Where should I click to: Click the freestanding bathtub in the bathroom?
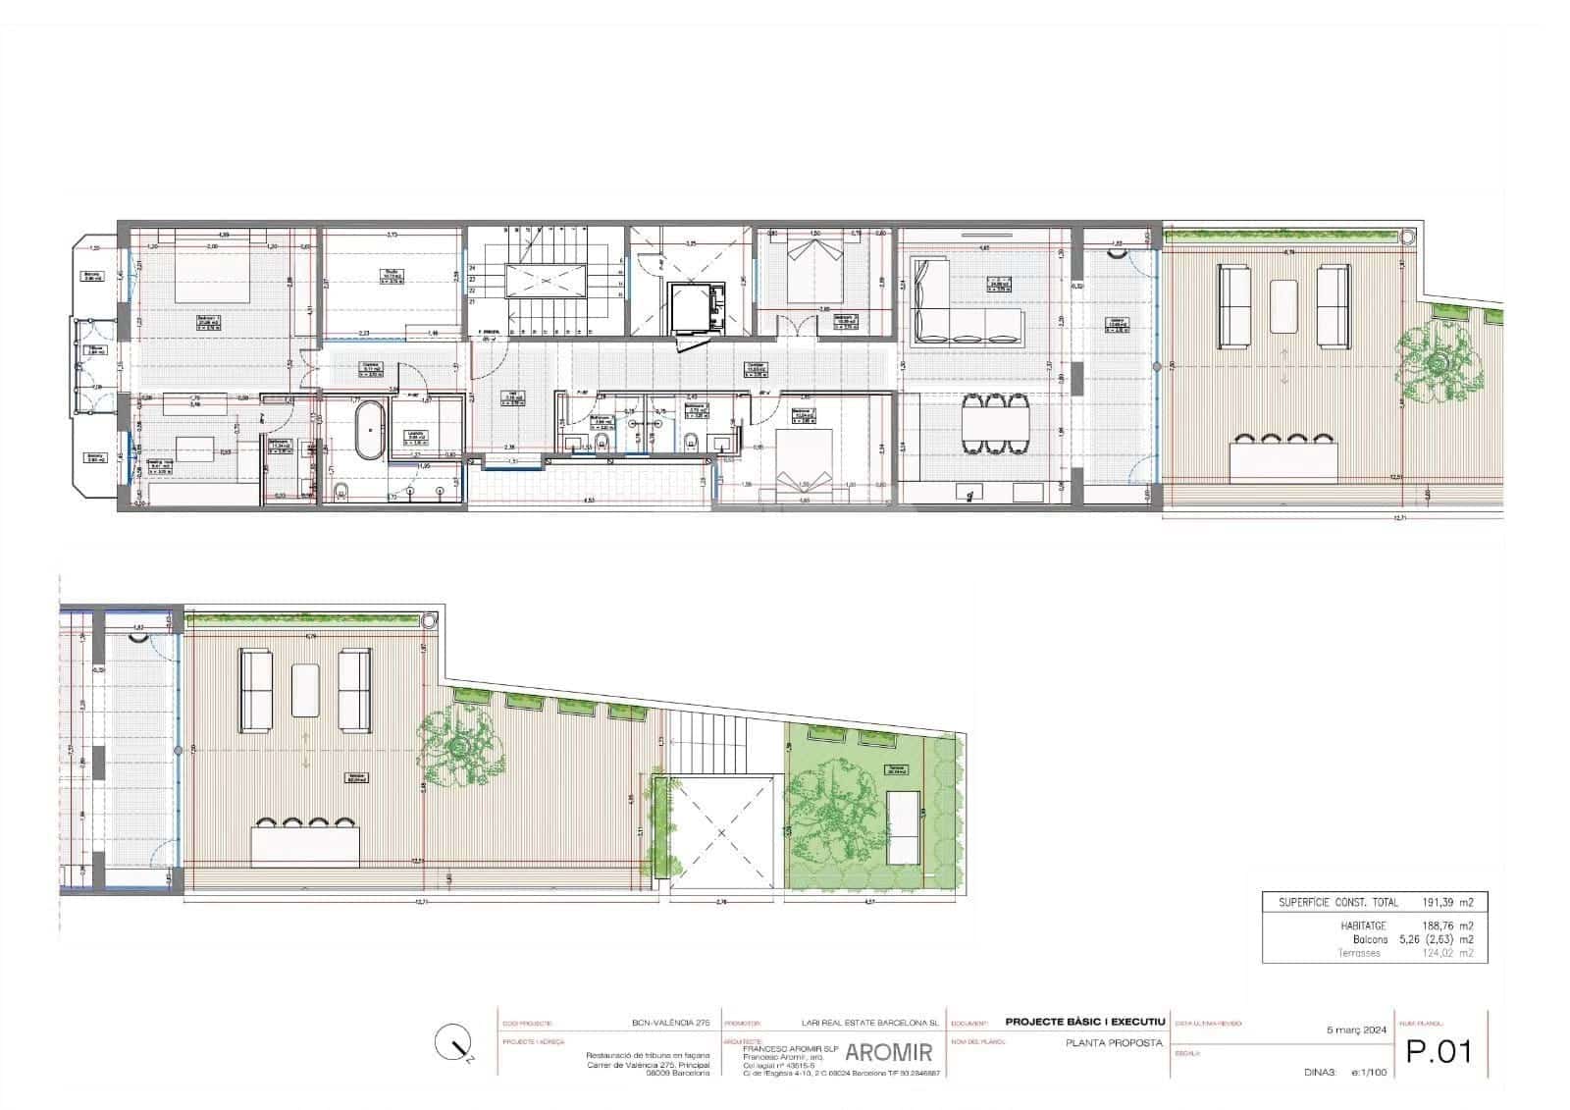(370, 430)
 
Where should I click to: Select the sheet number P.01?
(1439, 1051)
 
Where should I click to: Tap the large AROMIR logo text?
(888, 1053)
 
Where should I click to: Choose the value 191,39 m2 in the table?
(1448, 902)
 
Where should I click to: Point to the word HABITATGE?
(1361, 925)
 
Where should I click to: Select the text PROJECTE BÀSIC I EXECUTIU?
(1085, 1023)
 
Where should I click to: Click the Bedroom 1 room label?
(208, 319)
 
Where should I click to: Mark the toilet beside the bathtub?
(340, 492)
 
